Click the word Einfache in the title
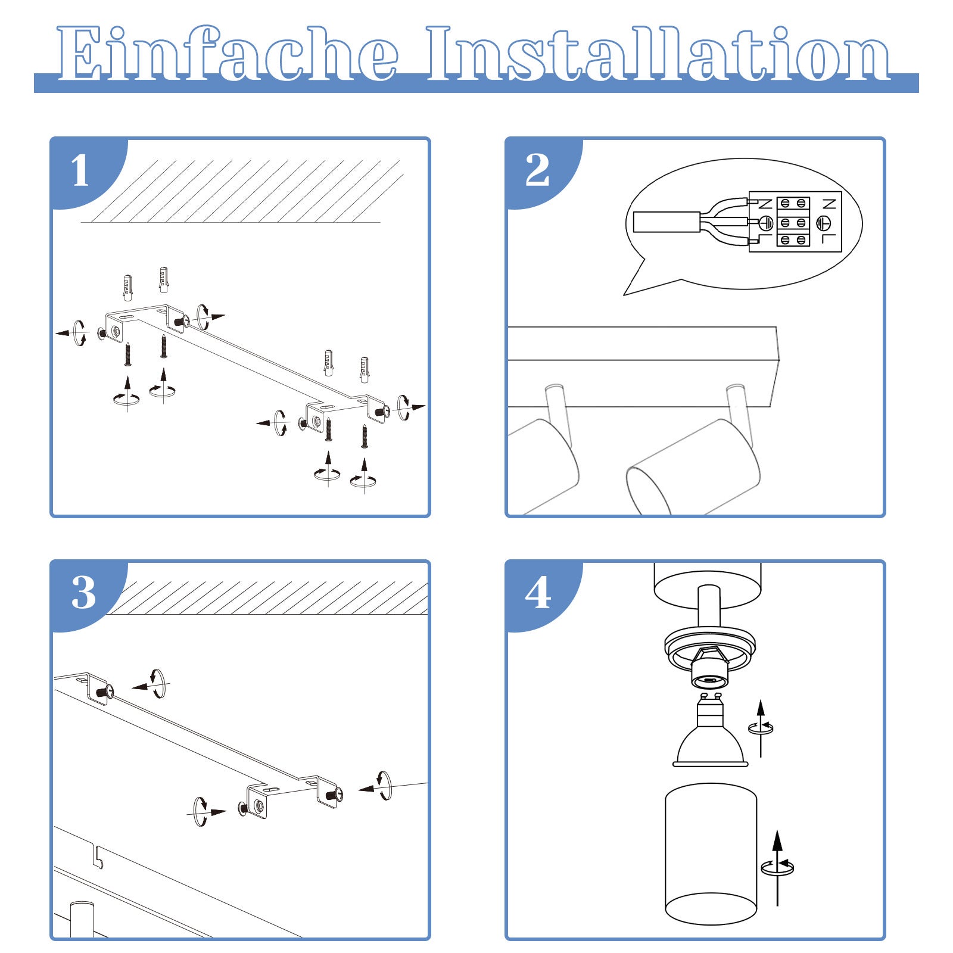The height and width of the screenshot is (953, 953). [x=226, y=55]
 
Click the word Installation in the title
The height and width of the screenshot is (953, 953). [x=658, y=55]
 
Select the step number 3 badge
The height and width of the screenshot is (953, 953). [x=83, y=593]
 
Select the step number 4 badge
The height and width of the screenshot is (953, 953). [x=538, y=593]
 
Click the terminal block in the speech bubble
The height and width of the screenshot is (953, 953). [x=793, y=222]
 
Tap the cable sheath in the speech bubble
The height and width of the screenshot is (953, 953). [x=666, y=222]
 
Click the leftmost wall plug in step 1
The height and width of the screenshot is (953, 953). [x=127, y=288]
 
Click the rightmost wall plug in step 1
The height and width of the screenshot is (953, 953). [x=365, y=369]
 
